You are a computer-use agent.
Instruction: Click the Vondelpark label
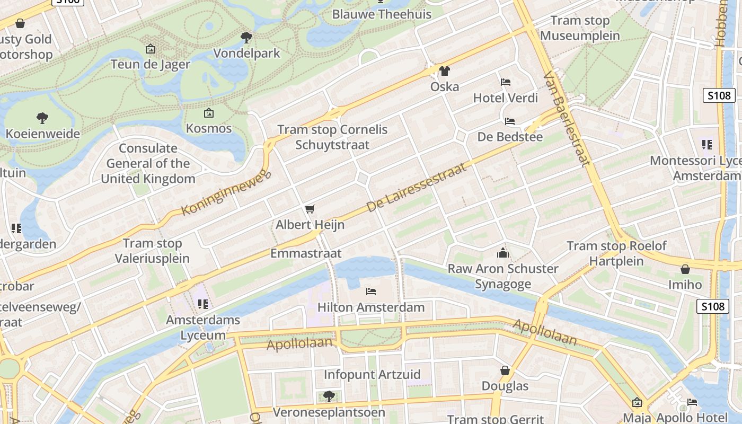(x=246, y=53)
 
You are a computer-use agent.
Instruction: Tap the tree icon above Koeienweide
(x=42, y=118)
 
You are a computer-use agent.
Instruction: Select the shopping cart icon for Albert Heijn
(x=310, y=209)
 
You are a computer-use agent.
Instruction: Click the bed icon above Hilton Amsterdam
(x=371, y=291)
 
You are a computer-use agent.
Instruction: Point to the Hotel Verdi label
(x=505, y=98)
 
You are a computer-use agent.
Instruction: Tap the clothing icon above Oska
(x=444, y=70)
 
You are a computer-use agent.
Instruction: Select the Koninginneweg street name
(x=226, y=192)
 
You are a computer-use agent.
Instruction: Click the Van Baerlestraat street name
(x=567, y=119)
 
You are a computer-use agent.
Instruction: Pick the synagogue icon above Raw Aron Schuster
(x=502, y=253)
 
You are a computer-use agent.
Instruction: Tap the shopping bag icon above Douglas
(x=505, y=370)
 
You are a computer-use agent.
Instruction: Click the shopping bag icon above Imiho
(x=685, y=269)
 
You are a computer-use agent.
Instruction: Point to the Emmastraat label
(x=306, y=253)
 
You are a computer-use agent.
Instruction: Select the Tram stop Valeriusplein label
(x=153, y=251)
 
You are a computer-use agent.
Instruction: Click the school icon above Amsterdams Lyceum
(x=202, y=304)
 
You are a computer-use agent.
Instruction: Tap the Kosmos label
(x=209, y=128)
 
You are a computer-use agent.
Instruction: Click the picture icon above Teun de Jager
(x=151, y=49)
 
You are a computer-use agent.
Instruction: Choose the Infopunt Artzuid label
(x=372, y=375)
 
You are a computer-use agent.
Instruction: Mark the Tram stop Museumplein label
(x=580, y=28)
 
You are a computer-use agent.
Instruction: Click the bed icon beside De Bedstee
(x=510, y=121)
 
